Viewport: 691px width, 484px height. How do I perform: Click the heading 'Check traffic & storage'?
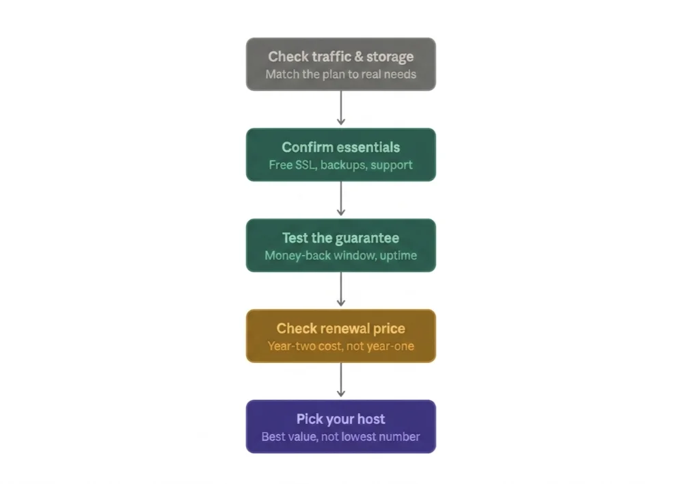coord(340,57)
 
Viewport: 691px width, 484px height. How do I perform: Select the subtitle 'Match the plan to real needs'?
coord(340,74)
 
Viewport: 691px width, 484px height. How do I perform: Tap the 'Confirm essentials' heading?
coord(340,147)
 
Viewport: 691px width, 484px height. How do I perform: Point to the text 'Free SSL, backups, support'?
coord(340,165)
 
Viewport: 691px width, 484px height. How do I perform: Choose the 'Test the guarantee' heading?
coord(340,238)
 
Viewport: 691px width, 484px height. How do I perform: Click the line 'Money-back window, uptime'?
coord(340,256)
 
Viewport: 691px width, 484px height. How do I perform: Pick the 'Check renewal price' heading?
coord(340,328)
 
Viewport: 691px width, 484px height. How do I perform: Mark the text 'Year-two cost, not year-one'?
coord(340,346)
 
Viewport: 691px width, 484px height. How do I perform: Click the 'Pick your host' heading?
coord(340,419)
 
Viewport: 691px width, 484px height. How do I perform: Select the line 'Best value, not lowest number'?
coord(340,437)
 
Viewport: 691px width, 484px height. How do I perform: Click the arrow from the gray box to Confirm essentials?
coord(340,108)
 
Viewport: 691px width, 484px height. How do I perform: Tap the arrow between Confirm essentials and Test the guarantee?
coord(340,198)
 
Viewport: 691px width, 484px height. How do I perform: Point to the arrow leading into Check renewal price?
coord(340,289)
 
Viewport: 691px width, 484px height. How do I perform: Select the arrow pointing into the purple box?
coord(340,379)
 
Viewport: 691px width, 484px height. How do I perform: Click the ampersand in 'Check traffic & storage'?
coord(359,57)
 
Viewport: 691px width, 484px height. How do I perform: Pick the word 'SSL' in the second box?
coord(305,165)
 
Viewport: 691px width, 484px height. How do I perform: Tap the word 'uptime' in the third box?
coord(398,256)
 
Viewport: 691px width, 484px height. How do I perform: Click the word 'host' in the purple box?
coord(371,419)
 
